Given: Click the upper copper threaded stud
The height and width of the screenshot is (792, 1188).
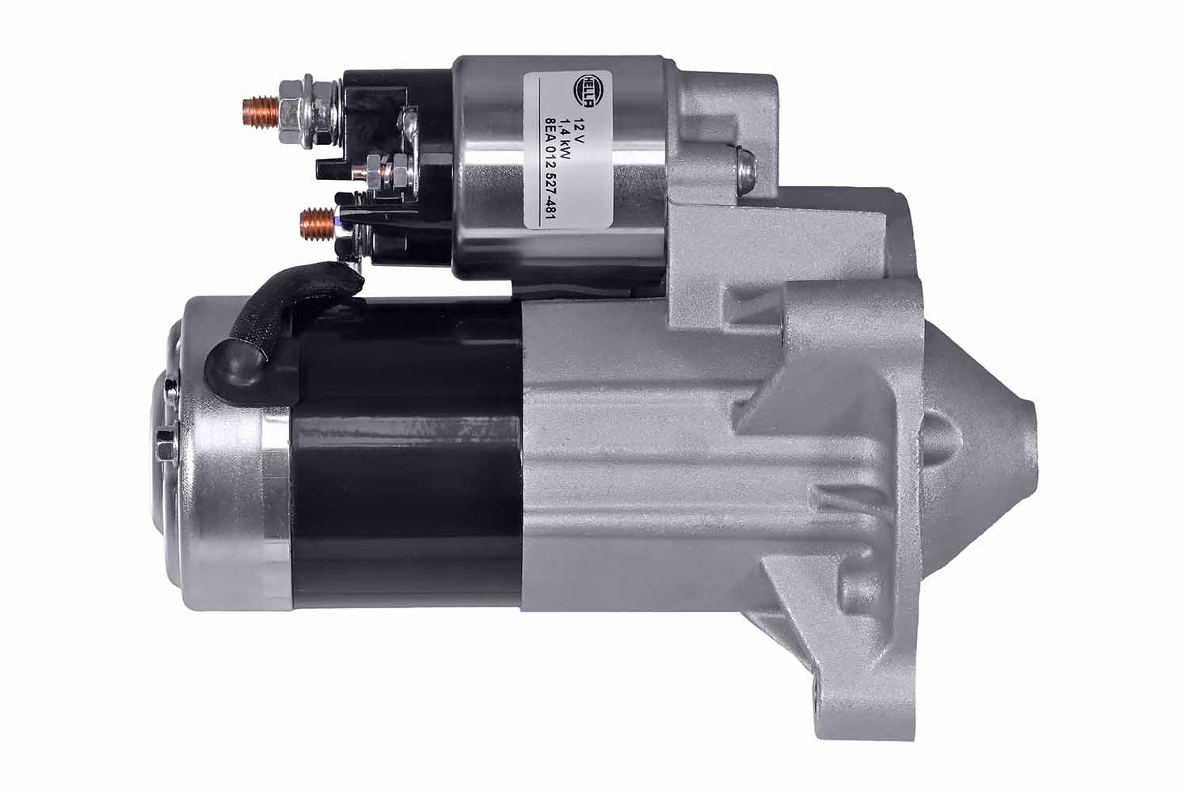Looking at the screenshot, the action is (259, 112).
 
